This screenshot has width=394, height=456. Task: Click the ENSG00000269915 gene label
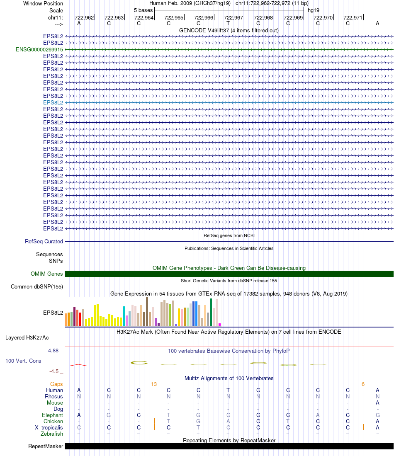(x=39, y=49)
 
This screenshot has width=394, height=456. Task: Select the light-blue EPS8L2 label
(x=53, y=102)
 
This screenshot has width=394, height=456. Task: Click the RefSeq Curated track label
(x=44, y=241)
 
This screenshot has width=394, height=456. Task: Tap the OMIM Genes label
(x=47, y=274)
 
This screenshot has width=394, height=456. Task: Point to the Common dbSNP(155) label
(x=37, y=286)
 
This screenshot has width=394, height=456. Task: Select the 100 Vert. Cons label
(x=23, y=361)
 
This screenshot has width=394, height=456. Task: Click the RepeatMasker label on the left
(x=46, y=446)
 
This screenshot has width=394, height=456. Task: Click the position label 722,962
(x=84, y=17)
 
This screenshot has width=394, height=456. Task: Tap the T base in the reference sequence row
(x=228, y=23)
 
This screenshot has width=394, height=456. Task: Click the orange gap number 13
(x=154, y=384)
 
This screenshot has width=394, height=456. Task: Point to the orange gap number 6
(x=363, y=384)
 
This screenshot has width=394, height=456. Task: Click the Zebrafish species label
(x=52, y=434)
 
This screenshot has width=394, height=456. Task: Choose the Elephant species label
(x=52, y=415)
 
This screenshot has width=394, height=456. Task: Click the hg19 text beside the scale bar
(x=314, y=10)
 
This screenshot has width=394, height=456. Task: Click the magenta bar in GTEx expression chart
(x=219, y=325)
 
